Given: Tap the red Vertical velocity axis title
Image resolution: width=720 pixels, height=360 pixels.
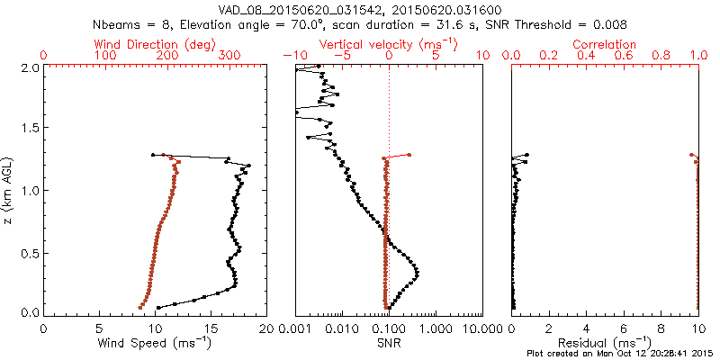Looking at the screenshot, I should point(388,44).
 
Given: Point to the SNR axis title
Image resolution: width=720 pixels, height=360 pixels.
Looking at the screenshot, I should point(388,343).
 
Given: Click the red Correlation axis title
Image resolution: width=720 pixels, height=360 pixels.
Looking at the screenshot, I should point(605,44).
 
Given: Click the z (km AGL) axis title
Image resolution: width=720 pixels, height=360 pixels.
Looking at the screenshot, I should point(10,190).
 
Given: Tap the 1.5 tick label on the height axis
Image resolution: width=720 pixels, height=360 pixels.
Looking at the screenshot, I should point(31,129).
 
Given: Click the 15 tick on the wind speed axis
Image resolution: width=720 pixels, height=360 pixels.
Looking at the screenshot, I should point(211,328).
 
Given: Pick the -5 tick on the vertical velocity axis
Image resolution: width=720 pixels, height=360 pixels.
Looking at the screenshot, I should point(340,56).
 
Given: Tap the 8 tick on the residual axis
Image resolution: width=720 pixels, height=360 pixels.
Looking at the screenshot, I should point(661,328).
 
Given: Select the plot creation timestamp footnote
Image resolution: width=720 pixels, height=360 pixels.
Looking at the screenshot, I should point(620,354).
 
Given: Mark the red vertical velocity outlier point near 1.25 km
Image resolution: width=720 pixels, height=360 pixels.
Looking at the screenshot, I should point(409,154).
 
